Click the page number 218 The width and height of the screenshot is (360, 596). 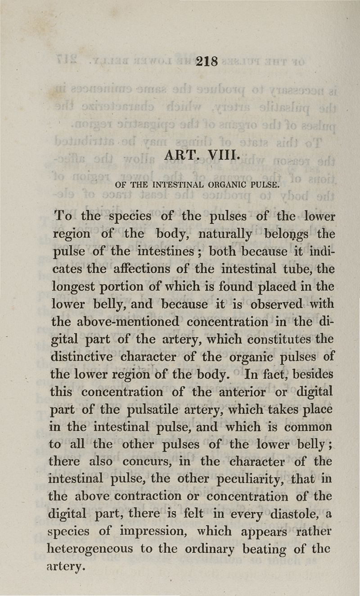click(207, 61)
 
